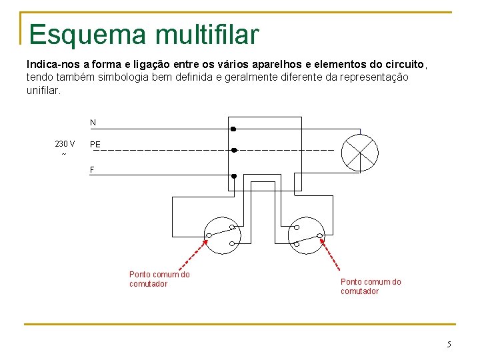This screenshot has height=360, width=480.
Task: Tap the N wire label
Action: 93,123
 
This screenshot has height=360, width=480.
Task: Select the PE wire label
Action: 95,144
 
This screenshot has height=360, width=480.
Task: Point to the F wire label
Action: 93,170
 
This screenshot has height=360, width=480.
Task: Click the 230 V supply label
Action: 65,144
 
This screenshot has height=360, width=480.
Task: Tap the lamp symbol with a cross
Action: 359,153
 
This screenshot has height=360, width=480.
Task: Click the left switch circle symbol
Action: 221,235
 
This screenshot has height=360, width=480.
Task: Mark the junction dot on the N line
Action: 233,128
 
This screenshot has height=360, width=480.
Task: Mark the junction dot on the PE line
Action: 234,150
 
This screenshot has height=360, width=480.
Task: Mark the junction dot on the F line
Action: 234,176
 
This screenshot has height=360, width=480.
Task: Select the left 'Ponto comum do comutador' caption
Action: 159,279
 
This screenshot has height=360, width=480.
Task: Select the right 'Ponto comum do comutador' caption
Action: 371,287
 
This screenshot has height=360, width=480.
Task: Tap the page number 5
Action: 449,345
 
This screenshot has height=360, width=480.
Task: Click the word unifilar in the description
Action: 43,89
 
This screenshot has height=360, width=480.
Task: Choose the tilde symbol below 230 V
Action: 64,155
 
